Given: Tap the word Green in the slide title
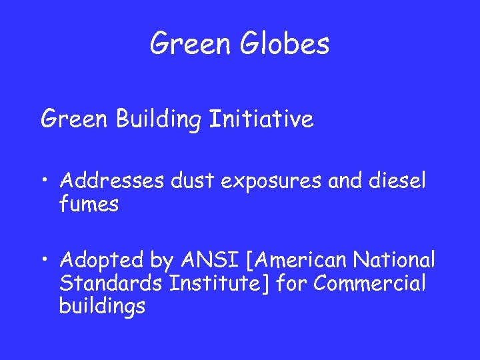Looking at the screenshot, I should point(189,44).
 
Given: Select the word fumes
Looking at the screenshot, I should point(89,204).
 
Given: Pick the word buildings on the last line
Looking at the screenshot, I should point(102,307).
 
